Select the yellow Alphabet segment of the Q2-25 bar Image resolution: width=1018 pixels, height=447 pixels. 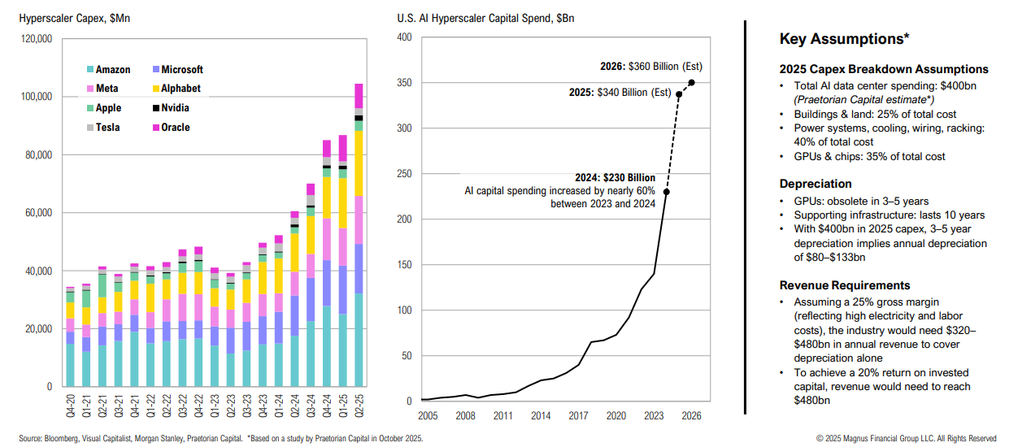(359, 163)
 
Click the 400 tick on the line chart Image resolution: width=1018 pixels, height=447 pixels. (405, 37)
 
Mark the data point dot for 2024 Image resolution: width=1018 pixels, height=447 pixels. (667, 192)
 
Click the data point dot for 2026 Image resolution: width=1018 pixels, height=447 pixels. (691, 82)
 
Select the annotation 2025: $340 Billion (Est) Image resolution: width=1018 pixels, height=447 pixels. (620, 93)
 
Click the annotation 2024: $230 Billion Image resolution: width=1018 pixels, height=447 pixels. (603, 176)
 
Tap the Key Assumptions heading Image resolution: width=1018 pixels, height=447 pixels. (844, 39)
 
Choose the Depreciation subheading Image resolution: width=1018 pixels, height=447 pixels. (816, 184)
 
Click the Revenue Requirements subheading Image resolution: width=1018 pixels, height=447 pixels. (845, 285)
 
